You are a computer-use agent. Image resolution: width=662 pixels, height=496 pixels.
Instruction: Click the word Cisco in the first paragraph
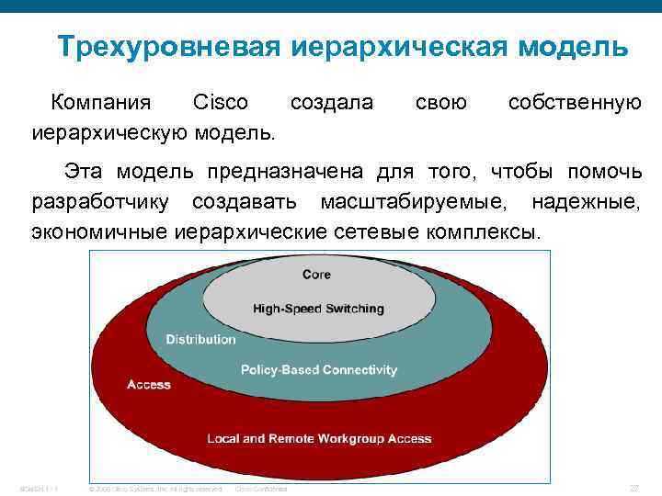click(217, 102)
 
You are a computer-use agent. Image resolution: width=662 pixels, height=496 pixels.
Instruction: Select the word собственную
click(575, 102)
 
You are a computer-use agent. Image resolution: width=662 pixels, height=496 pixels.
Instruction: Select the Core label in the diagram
click(317, 275)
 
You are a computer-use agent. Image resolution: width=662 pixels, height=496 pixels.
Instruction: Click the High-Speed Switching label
click(317, 309)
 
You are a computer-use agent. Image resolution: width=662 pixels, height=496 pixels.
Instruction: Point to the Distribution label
click(200, 339)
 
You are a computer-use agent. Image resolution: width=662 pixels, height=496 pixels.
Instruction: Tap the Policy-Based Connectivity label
click(318, 370)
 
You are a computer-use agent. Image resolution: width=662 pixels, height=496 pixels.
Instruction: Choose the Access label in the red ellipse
click(148, 385)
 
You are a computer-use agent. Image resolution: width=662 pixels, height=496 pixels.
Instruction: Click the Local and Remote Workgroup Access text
click(318, 438)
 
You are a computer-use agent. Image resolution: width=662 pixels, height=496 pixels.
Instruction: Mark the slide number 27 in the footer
click(633, 488)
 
